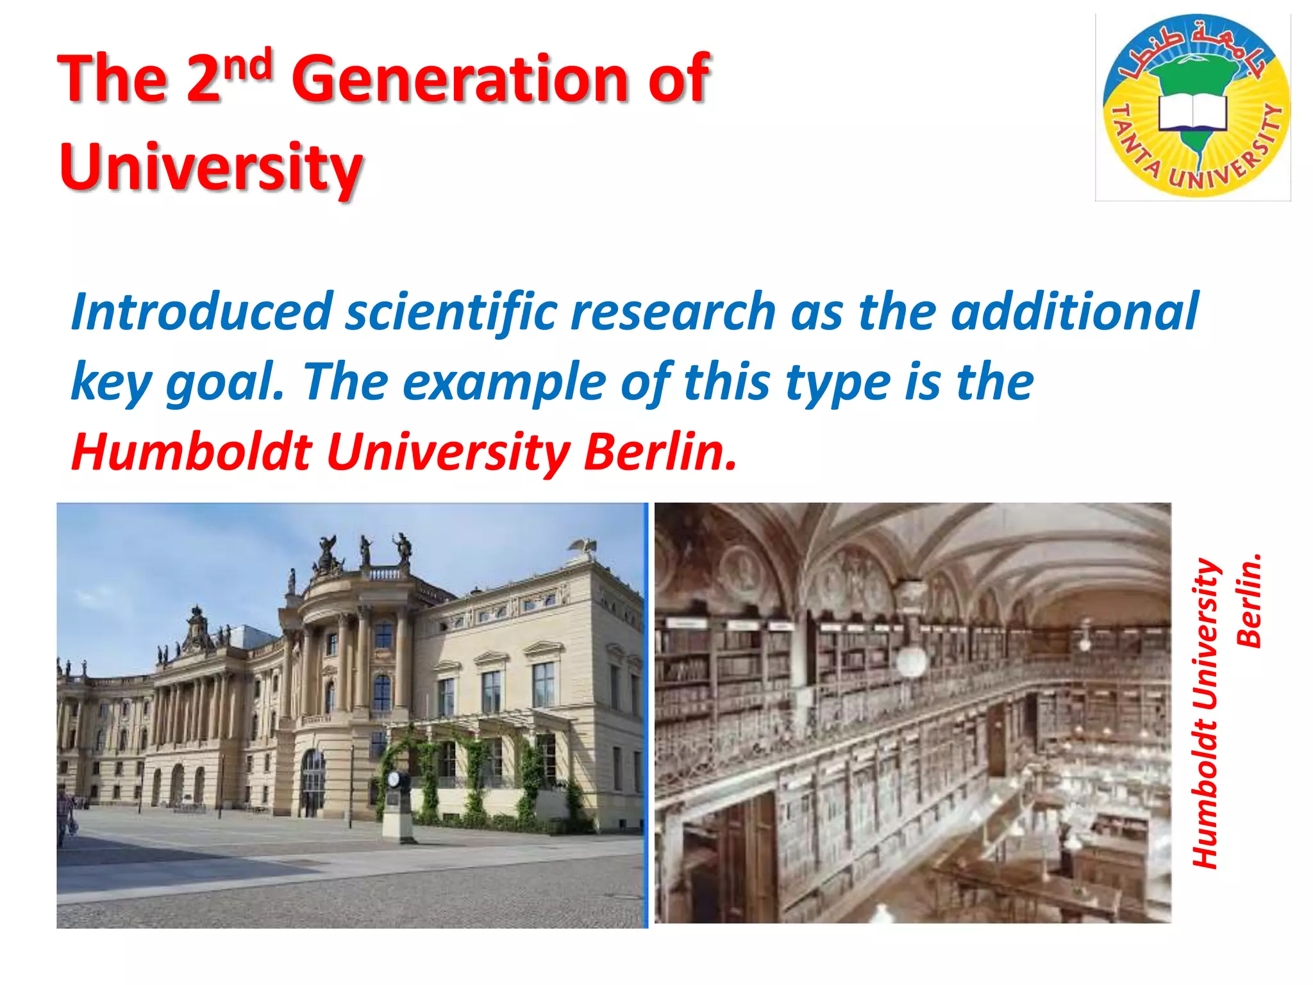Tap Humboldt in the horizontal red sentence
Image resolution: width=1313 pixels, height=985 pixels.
pos(192,452)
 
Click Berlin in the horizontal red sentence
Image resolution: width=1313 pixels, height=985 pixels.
pos(660,452)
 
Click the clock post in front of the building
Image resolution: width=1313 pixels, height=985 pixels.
pos(397,805)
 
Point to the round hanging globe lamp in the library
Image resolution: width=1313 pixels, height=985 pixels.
pos(911,661)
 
